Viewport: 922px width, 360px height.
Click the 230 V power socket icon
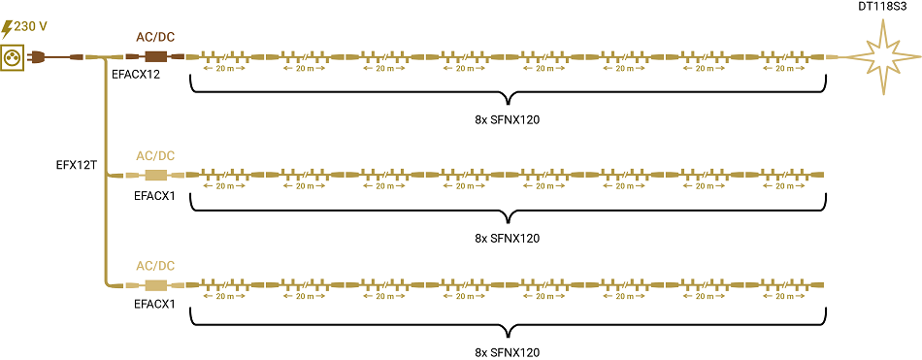point(14,57)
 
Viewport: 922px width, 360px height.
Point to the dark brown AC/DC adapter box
point(155,57)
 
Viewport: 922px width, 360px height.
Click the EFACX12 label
point(134,75)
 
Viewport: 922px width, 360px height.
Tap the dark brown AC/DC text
point(155,37)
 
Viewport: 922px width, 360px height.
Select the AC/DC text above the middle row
point(155,156)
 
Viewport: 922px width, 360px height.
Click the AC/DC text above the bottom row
point(155,265)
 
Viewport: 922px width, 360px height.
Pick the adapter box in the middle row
point(155,176)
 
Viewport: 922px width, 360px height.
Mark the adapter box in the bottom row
point(155,285)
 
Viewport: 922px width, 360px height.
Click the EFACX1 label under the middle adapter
point(154,196)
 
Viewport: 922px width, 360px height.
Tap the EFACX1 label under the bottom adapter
point(154,305)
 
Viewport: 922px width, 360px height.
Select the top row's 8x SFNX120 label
point(508,120)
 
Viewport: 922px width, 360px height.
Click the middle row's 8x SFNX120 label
point(508,239)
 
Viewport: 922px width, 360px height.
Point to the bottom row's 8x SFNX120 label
point(508,352)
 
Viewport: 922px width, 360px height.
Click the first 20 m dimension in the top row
point(223,69)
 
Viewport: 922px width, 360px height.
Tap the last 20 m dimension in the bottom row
point(785,297)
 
